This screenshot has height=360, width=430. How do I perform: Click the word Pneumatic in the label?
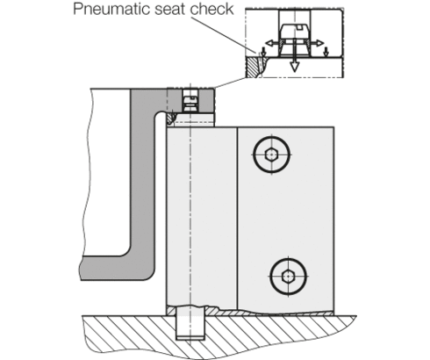pos(112,9)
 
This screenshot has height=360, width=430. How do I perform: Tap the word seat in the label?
pos(170,10)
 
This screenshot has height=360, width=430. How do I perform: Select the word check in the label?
pos(211,9)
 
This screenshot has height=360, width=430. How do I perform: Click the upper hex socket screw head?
pos(272,155)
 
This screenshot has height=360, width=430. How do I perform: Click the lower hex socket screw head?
pos(289,276)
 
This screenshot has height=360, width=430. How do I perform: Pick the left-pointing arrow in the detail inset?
pos(272,43)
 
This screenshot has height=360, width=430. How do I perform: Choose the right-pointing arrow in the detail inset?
pos(317,43)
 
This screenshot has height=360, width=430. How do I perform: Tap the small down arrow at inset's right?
pos(326,52)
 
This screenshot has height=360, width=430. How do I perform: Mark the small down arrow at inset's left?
pos(263,52)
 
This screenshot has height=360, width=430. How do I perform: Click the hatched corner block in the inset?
pos(252,68)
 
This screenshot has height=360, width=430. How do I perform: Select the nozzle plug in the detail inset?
pos(295,40)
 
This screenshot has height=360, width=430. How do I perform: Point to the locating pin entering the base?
pos(190,322)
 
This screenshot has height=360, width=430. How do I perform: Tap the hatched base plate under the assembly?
pos(219,336)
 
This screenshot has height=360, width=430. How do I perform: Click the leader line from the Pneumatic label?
pos(224,35)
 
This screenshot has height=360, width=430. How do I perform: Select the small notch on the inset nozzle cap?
pos(299,27)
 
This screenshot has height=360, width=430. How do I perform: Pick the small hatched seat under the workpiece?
pos(170,118)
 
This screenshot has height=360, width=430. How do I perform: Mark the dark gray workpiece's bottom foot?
pos(117,268)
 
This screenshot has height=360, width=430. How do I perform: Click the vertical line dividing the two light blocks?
pos(237,219)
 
